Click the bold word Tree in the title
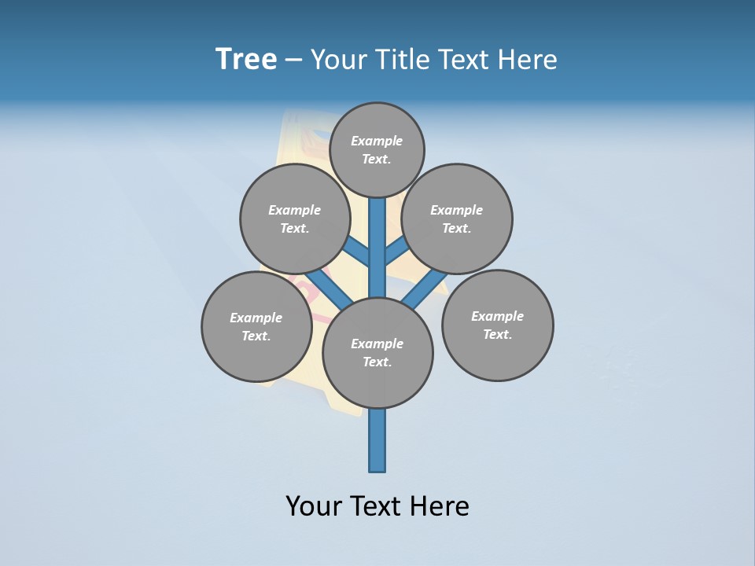click(246, 60)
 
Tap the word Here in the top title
click(528, 60)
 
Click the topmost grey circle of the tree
click(377, 149)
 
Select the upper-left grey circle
click(295, 219)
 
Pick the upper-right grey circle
click(457, 219)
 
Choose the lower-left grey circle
click(256, 326)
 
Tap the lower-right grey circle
click(497, 325)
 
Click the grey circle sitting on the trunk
click(377, 352)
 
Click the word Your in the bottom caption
click(313, 506)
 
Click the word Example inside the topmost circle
click(377, 141)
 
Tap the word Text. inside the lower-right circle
click(497, 335)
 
